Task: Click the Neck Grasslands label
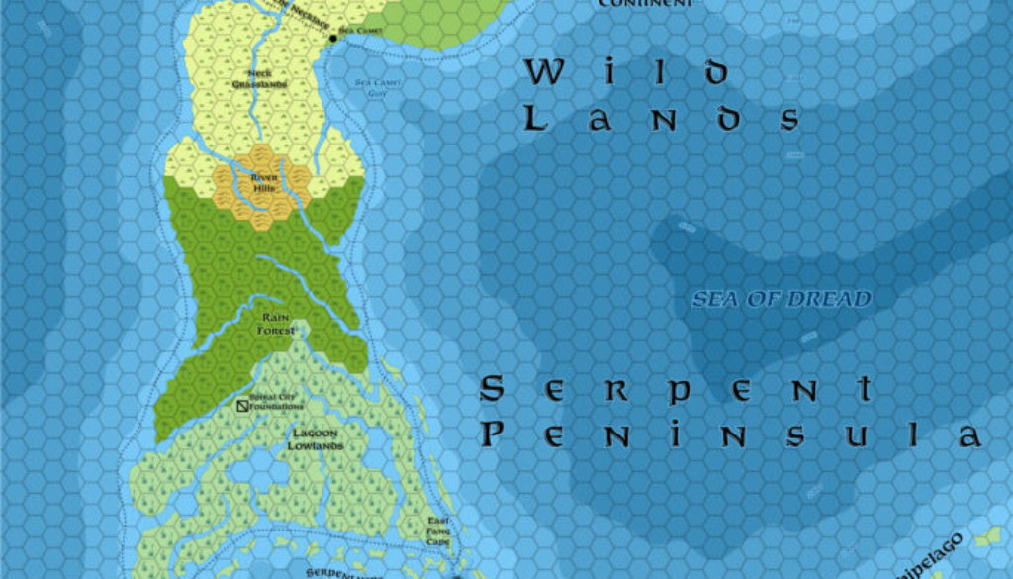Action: [259, 79]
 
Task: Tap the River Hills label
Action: [263, 182]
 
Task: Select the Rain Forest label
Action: [277, 324]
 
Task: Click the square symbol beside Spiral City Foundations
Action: [240, 404]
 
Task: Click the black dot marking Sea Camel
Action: [333, 38]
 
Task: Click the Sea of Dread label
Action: [782, 299]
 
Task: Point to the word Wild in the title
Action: [627, 72]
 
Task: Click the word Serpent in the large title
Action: [677, 389]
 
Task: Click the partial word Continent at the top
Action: [645, 4]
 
